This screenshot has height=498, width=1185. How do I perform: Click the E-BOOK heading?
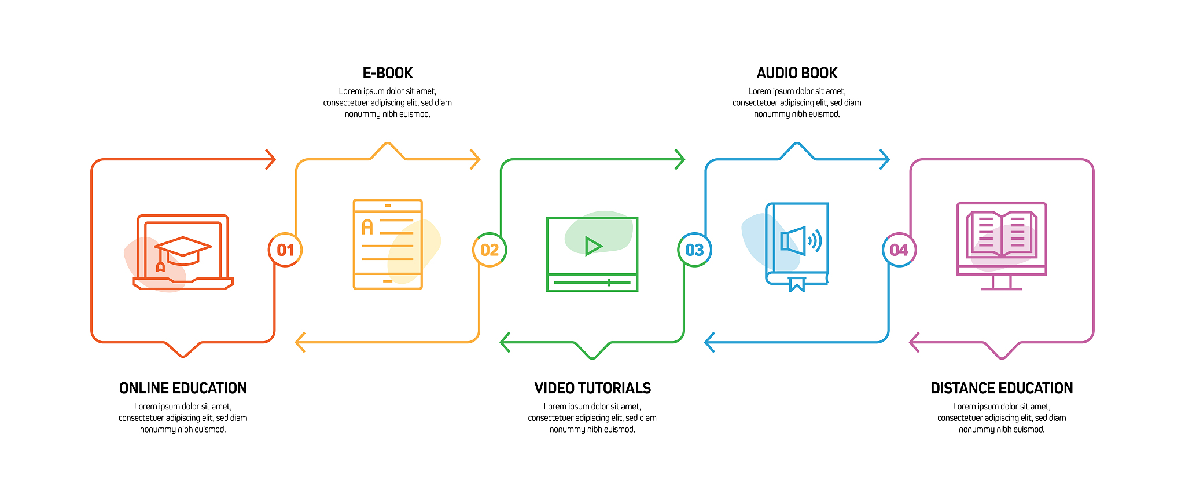(388, 73)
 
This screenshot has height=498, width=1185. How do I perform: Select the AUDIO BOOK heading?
(797, 73)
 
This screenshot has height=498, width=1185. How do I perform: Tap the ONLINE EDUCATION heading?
(183, 388)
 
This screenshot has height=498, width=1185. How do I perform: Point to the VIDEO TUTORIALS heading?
(592, 388)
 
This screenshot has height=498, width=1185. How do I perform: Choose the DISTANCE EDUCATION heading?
(1002, 388)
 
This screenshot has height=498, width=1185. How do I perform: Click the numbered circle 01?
(285, 250)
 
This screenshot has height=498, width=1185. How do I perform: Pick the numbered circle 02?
(490, 250)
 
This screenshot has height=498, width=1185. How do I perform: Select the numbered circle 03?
(694, 250)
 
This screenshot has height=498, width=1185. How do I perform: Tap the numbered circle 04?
(899, 250)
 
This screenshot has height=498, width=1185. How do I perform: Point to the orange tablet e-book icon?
(388, 244)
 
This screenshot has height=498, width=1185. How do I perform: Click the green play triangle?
(593, 246)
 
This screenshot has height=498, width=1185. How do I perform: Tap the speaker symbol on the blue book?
(801, 240)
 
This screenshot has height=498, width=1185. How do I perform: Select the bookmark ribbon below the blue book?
(797, 284)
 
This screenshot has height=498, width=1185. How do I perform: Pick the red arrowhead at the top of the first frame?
(270, 159)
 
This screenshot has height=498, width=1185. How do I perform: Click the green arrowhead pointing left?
(505, 342)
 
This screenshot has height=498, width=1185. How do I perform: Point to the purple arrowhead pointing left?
(915, 342)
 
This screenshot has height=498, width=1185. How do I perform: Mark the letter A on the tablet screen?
(367, 226)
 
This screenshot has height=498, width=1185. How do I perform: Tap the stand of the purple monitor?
(1002, 283)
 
